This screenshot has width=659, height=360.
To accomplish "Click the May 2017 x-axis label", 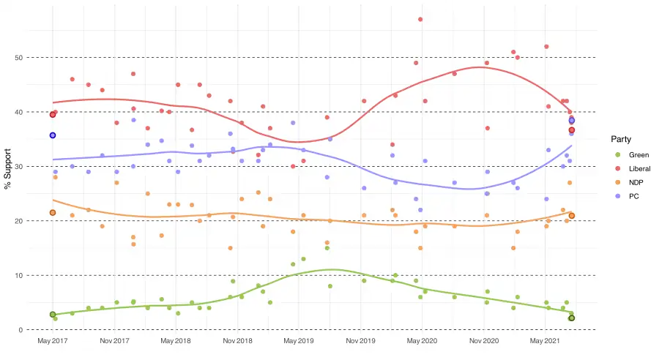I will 53,341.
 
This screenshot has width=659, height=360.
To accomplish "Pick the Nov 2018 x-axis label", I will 238,341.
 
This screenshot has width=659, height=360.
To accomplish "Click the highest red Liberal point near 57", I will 420,19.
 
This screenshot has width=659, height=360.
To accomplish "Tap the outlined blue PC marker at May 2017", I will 53,135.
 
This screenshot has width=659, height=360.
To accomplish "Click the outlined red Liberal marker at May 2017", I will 53,115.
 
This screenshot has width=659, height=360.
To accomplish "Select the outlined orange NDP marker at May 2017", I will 53,212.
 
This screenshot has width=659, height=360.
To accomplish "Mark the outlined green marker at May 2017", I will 53,315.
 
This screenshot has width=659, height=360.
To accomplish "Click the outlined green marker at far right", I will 572,318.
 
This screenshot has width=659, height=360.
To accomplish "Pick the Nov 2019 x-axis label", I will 361,341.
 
